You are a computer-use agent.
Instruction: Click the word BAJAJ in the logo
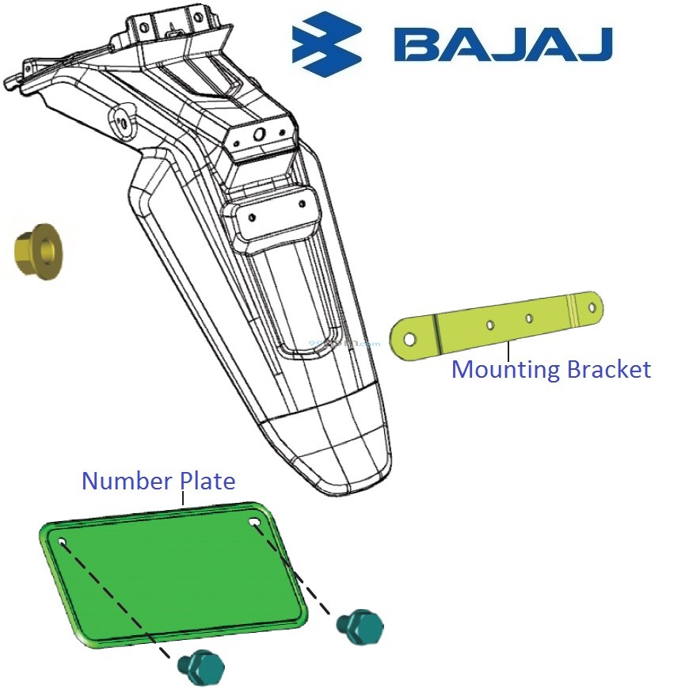coord(504,44)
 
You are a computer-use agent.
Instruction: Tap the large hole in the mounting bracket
coord(409,340)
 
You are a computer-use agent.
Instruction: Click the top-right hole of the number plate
coord(254,523)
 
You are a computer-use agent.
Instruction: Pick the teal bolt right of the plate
coord(361,626)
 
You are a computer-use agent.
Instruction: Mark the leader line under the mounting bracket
coord(508,350)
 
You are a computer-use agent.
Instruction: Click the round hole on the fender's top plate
coord(259,135)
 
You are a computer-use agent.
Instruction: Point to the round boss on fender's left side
coord(123,122)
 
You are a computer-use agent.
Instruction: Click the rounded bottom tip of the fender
coord(348,480)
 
